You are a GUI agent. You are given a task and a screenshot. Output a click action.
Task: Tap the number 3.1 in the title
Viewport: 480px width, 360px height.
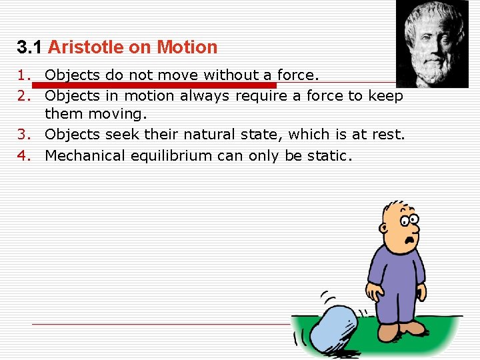(30, 47)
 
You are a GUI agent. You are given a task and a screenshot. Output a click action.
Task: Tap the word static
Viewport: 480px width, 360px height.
(328, 155)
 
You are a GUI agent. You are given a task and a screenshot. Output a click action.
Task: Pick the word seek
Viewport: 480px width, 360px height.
(122, 134)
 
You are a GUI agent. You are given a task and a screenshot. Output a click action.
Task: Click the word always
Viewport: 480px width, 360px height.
(204, 95)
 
